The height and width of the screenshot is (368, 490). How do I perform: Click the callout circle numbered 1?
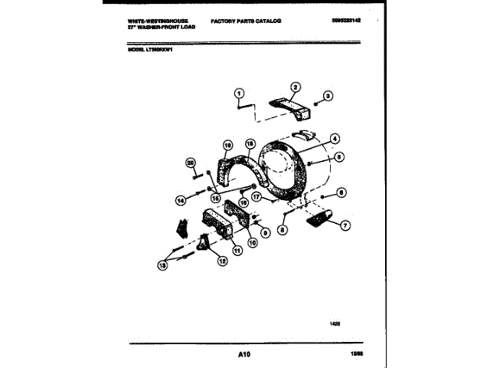point(239,94)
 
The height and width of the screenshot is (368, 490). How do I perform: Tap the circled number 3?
point(327,96)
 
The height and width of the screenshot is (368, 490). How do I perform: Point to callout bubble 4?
point(335,139)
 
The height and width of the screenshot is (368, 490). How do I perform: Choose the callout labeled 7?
point(345,225)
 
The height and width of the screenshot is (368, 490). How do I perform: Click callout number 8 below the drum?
point(283,228)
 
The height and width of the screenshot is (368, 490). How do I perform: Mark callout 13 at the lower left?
point(162,264)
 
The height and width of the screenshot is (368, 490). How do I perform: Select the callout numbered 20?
point(191,163)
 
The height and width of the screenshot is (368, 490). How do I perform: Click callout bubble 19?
point(227,145)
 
